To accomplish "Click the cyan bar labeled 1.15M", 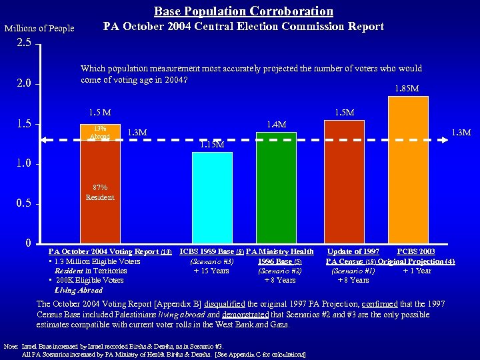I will (212, 197).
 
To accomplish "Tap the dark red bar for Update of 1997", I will (344, 180).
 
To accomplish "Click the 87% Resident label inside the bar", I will (100, 193).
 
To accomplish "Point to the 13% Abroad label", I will (100, 132).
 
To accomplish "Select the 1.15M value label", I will (212, 144).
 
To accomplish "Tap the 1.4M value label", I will (276, 124).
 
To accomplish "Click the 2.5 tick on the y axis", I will (24, 44).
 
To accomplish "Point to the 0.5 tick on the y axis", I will (24, 204).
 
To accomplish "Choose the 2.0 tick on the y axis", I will (24, 84).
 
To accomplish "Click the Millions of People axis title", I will (39, 28).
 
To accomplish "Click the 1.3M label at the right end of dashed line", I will (461, 133).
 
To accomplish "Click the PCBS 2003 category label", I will (416, 251).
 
